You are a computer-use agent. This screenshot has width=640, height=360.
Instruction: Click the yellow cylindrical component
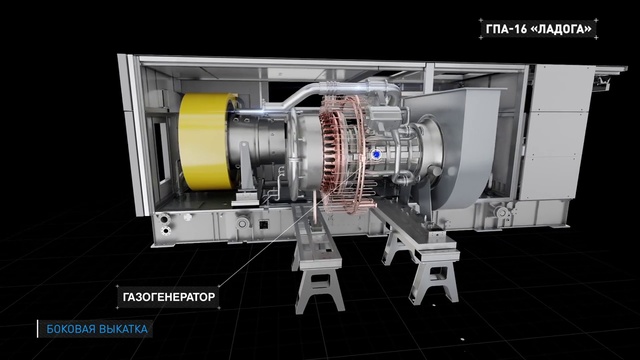pyautogui.click(x=204, y=141)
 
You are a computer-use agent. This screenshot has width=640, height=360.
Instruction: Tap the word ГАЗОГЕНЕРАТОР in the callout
pyautogui.click(x=169, y=297)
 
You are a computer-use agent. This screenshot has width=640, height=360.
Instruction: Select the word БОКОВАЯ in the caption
pyautogui.click(x=69, y=329)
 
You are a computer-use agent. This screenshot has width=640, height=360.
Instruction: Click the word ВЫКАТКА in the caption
pyautogui.click(x=122, y=329)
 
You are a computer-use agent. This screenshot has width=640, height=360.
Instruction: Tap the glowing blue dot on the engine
pyautogui.click(x=376, y=154)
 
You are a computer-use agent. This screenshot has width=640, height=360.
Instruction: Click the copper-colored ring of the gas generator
pyautogui.click(x=342, y=155)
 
